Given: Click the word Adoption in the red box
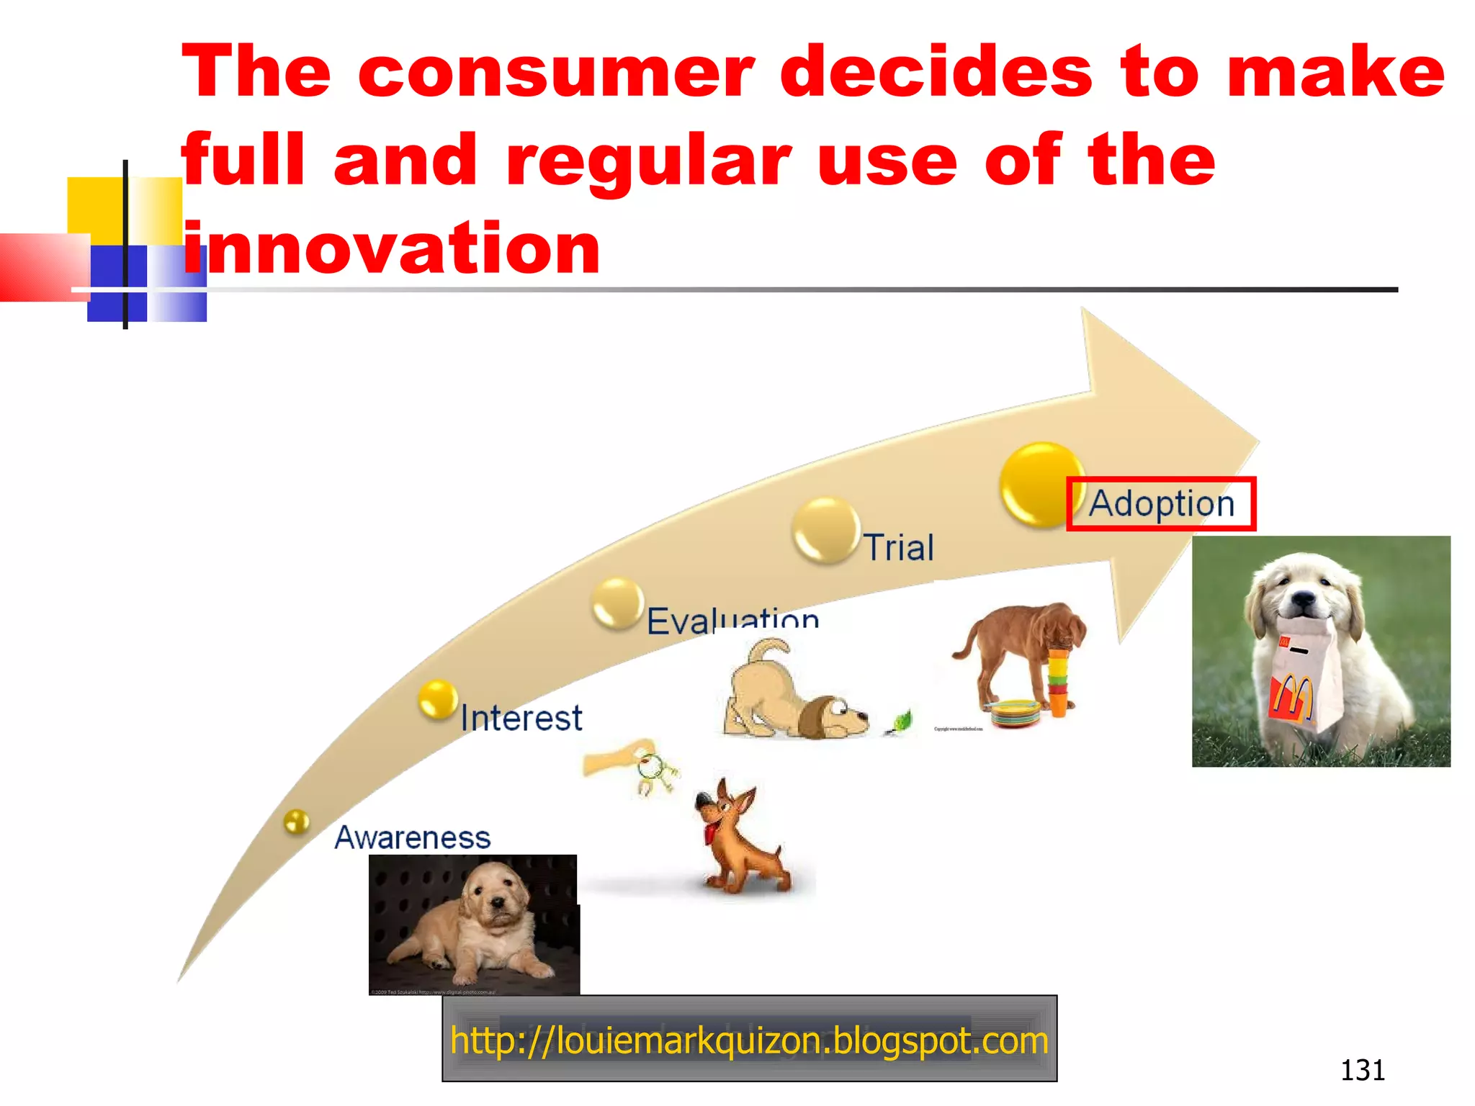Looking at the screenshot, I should tap(1161, 504).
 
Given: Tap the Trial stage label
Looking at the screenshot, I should tap(899, 547).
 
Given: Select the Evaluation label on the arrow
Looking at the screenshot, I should tap(732, 620).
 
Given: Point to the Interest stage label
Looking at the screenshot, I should tap(521, 718).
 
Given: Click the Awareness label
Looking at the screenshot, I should tap(413, 837).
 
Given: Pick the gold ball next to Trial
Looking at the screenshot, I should tap(826, 530).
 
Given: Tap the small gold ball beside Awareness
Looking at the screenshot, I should tap(296, 821).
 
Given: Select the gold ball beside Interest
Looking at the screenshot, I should tap(438, 699).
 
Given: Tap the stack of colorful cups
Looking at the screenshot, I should tap(1057, 680).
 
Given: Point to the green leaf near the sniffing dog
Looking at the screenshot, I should tap(901, 721).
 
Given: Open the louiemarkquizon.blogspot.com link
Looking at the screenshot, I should tap(749, 1040).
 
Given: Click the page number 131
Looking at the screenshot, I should tap(1362, 1070).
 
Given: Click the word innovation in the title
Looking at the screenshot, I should tap(391, 248).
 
